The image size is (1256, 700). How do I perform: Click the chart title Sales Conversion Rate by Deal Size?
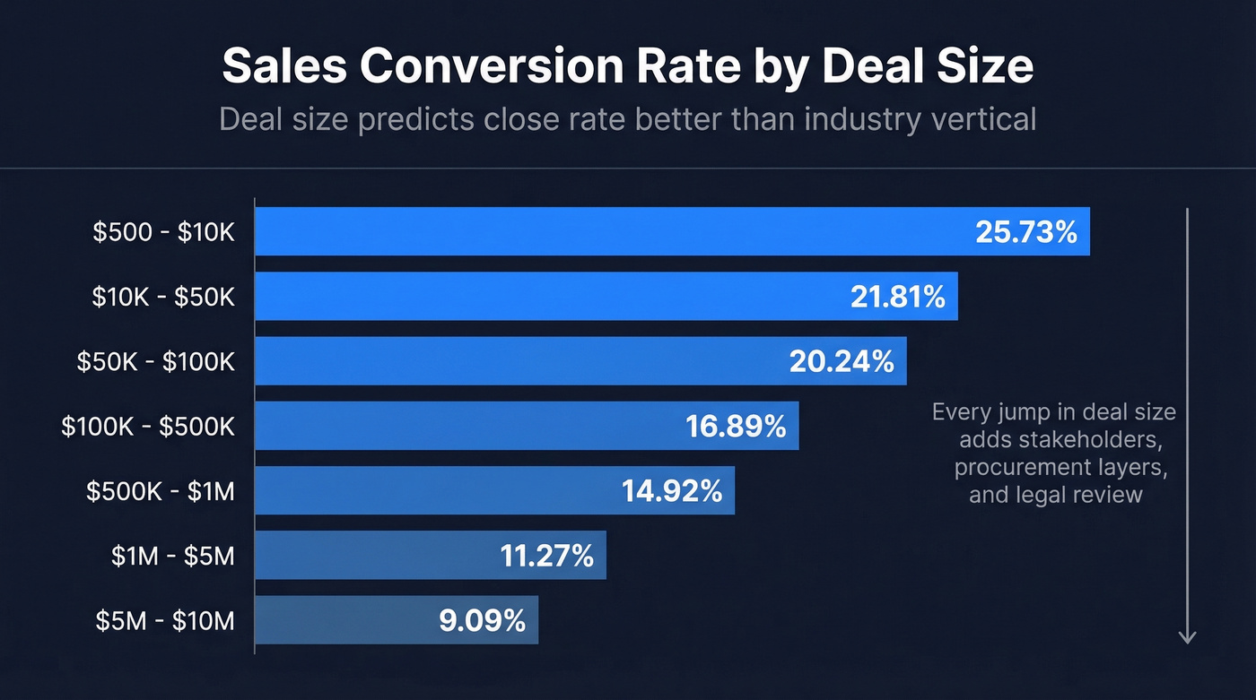pyautogui.click(x=627, y=66)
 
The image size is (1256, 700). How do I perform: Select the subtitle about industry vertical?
pyautogui.click(x=627, y=119)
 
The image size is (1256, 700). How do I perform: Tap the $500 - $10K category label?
pyautogui.click(x=163, y=232)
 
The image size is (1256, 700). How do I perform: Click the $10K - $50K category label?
pyautogui.click(x=163, y=297)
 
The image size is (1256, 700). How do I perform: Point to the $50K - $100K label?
pyautogui.click(x=155, y=361)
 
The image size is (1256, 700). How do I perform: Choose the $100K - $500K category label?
pyautogui.click(x=148, y=427)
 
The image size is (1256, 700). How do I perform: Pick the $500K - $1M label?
pyautogui.click(x=160, y=491)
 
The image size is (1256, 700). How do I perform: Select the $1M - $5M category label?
pyautogui.click(x=172, y=556)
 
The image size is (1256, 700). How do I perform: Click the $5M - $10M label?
pyautogui.click(x=165, y=620)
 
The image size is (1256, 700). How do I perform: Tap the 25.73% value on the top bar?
pyautogui.click(x=1025, y=232)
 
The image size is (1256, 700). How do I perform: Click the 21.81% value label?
pyautogui.click(x=897, y=297)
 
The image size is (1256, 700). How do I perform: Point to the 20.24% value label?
pyautogui.click(x=842, y=361)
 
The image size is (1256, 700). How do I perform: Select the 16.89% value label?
pyautogui.click(x=736, y=427)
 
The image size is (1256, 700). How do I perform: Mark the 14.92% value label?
pyautogui.click(x=672, y=491)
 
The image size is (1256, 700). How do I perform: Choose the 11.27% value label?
pyautogui.click(x=546, y=556)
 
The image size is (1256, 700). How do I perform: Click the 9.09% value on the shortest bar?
pyautogui.click(x=482, y=620)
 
